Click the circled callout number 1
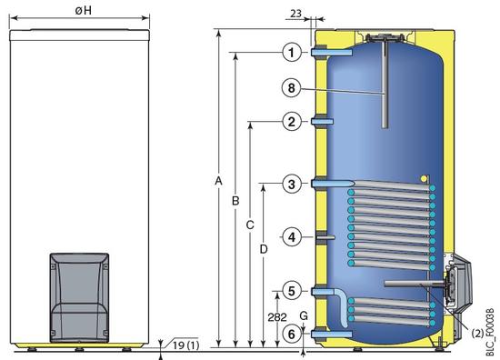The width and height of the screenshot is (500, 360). click(x=292, y=53)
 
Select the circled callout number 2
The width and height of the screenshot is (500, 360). click(x=292, y=122)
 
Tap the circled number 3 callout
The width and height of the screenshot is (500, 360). click(x=292, y=184)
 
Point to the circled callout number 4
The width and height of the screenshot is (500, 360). click(x=292, y=237)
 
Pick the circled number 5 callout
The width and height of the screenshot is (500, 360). click(x=292, y=291)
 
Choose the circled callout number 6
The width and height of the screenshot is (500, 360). click(x=292, y=335)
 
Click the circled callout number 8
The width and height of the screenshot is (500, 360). click(x=292, y=87)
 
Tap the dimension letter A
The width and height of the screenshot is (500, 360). click(x=218, y=181)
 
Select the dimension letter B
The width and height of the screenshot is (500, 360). click(x=235, y=201)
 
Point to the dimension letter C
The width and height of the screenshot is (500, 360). click(x=250, y=225)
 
